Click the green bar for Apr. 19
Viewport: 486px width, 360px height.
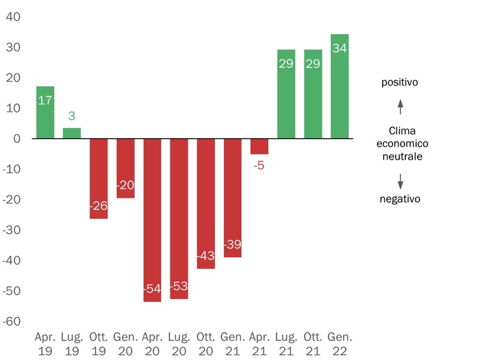point(44,113)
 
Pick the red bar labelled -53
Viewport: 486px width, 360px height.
point(179,219)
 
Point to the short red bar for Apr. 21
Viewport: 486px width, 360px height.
point(259,146)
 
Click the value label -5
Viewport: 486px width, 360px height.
point(259,165)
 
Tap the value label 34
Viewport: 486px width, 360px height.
point(340,48)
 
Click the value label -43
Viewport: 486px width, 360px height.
point(205,255)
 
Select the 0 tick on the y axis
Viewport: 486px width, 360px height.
point(16,139)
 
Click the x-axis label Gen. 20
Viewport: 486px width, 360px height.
point(125,344)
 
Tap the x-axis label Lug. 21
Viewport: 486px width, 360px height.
point(286,344)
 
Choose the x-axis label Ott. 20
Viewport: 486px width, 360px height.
point(205,344)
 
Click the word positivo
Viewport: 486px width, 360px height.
point(400,82)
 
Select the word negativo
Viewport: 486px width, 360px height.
point(400,199)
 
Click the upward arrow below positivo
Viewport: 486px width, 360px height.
point(401,107)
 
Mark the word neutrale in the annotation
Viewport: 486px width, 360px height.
point(400,157)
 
